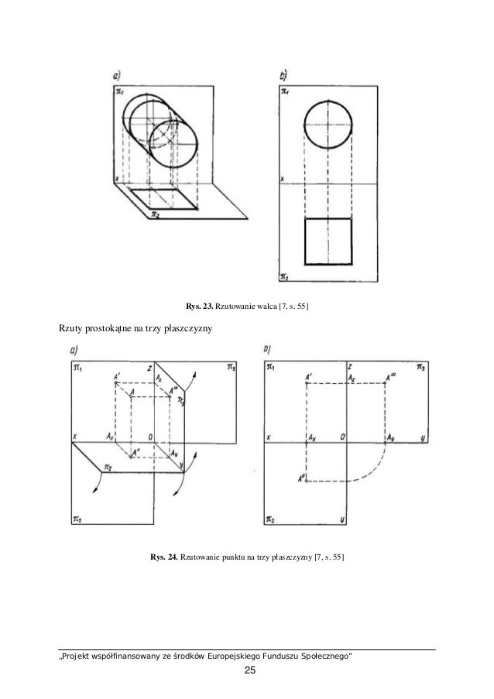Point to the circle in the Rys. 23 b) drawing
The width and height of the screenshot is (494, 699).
click(x=328, y=125)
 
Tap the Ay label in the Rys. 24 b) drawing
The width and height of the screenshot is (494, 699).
click(x=392, y=437)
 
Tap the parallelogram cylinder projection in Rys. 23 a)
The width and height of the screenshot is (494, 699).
click(x=163, y=199)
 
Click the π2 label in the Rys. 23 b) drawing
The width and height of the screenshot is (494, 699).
click(x=284, y=275)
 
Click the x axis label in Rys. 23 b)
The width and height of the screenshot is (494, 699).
click(x=282, y=180)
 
